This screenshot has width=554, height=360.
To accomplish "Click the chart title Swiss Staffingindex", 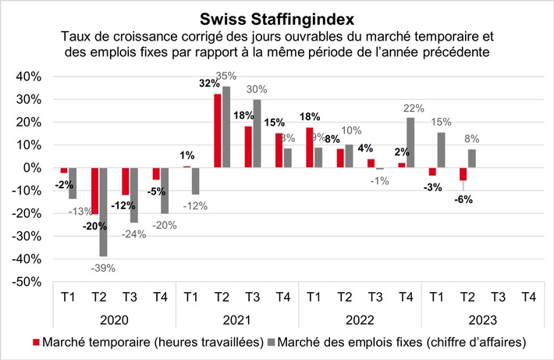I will point(276,17).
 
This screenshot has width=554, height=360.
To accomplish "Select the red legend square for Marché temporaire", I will point(37,341).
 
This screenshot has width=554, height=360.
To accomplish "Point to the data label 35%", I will point(226,77).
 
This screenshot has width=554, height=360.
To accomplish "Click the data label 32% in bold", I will point(209,83).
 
